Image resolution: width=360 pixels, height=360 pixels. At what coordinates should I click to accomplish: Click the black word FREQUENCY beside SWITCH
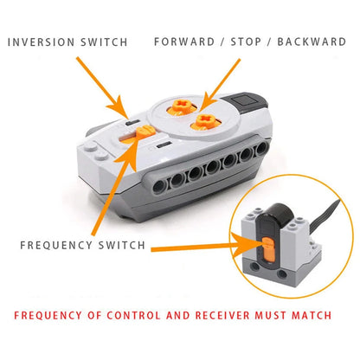tap(58, 245)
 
